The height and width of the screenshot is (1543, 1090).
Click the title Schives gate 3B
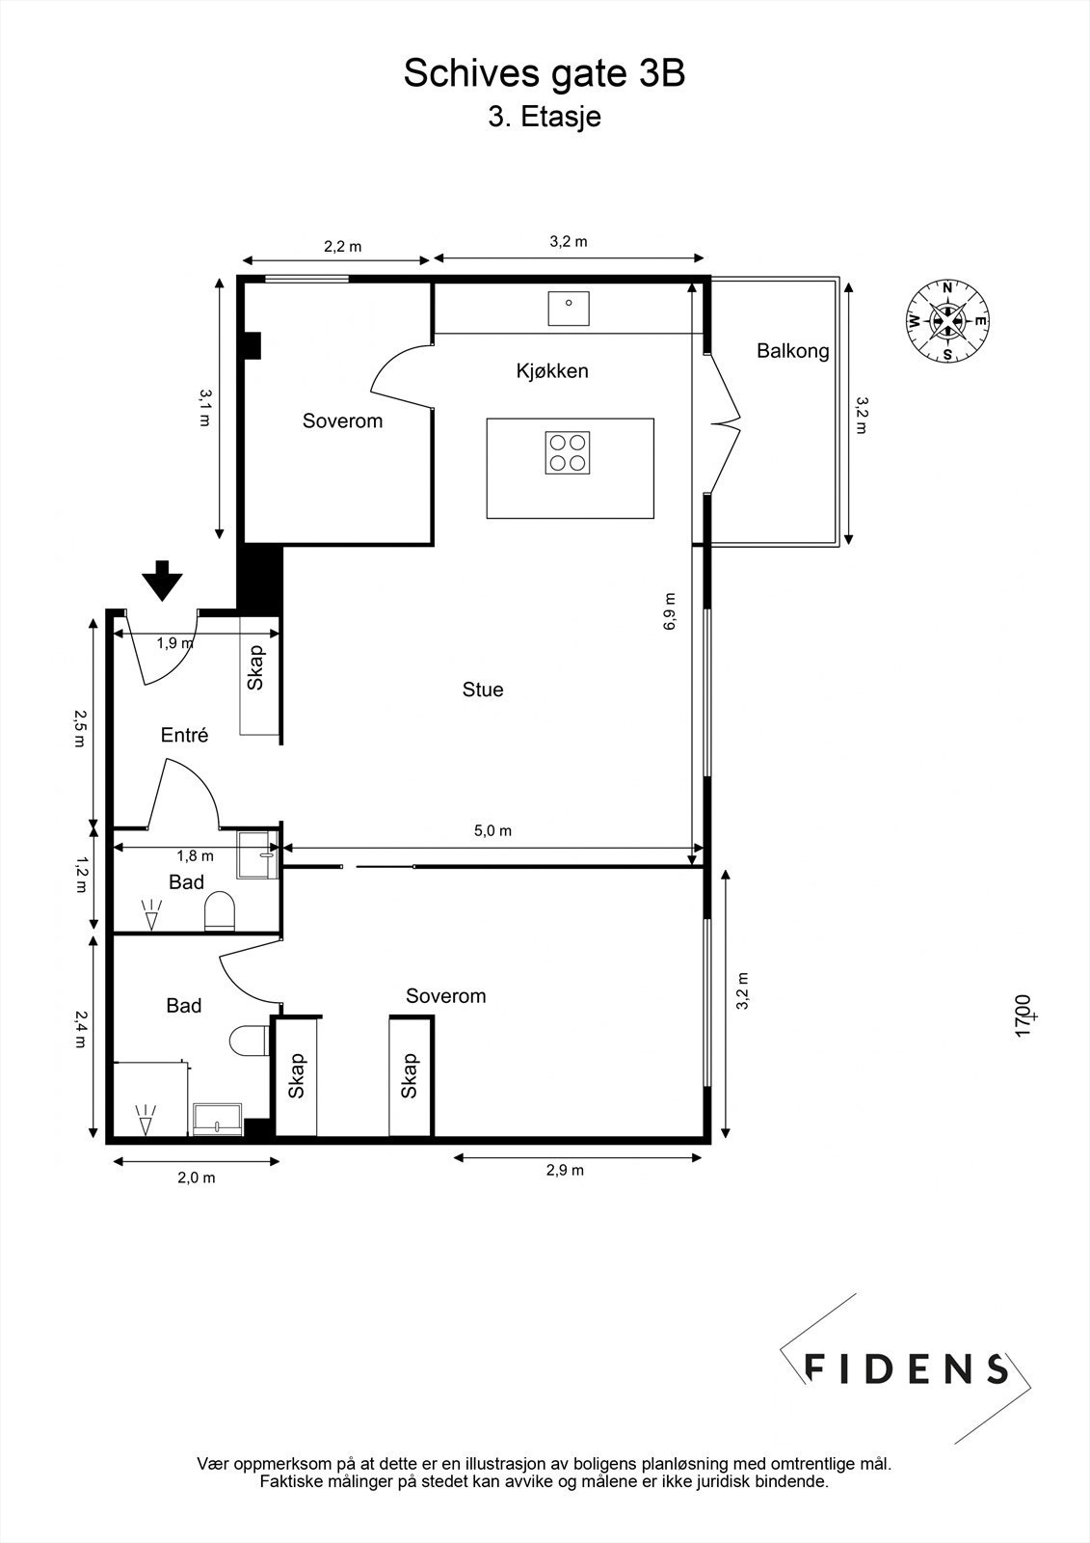click(x=544, y=73)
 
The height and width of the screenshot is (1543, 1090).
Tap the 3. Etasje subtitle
click(x=545, y=117)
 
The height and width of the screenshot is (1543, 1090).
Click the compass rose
click(x=947, y=321)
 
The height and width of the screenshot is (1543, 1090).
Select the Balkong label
click(x=792, y=351)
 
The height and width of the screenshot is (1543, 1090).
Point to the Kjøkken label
click(x=552, y=371)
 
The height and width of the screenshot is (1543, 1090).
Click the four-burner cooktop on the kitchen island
click(x=568, y=452)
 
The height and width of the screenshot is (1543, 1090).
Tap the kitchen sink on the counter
click(x=569, y=308)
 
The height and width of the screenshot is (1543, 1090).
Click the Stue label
click(x=483, y=690)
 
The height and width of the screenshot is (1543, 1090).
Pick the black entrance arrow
click(x=163, y=581)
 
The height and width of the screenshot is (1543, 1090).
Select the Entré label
click(x=184, y=735)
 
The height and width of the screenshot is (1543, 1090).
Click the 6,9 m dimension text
click(x=669, y=611)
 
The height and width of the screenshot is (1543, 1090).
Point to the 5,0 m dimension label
click(x=493, y=830)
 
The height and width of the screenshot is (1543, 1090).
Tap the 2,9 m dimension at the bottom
click(x=566, y=1171)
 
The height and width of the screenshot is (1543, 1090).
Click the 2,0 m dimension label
click(x=197, y=1178)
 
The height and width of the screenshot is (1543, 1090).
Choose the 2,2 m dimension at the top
click(x=343, y=247)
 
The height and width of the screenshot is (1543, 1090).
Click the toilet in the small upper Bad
click(x=220, y=911)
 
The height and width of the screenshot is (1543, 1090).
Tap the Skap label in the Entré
click(x=256, y=666)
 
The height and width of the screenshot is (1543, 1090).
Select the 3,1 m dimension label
click(x=205, y=407)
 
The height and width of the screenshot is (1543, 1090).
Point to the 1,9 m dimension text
click(x=174, y=643)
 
